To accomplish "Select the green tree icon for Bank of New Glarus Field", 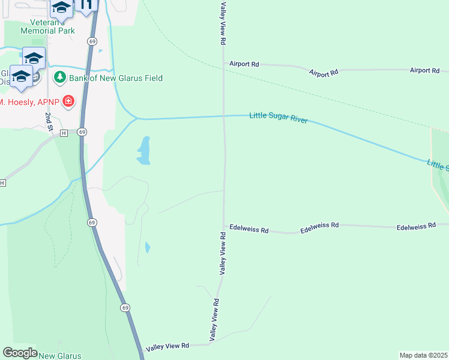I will pyautogui.click(x=59, y=77).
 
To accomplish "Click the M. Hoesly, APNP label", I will pyautogui.click(x=31, y=102).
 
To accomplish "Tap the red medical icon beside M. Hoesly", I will pyautogui.click(x=68, y=101).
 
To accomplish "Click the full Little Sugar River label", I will pyautogui.click(x=278, y=118).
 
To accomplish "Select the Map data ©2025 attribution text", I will pyautogui.click(x=423, y=355).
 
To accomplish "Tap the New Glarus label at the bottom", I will pyautogui.click(x=59, y=356).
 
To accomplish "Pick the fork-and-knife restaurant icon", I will pyautogui.click(x=86, y=5).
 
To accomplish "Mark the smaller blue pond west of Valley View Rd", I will pyautogui.click(x=148, y=247).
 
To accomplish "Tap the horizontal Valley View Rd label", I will pyautogui.click(x=168, y=347).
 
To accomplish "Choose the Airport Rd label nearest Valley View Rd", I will pyautogui.click(x=243, y=64).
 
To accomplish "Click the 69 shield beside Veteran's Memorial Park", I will pyautogui.click(x=91, y=41).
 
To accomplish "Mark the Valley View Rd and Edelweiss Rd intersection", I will pyautogui.click(x=223, y=227).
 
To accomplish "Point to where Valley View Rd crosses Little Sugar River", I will pyautogui.click(x=224, y=116).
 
